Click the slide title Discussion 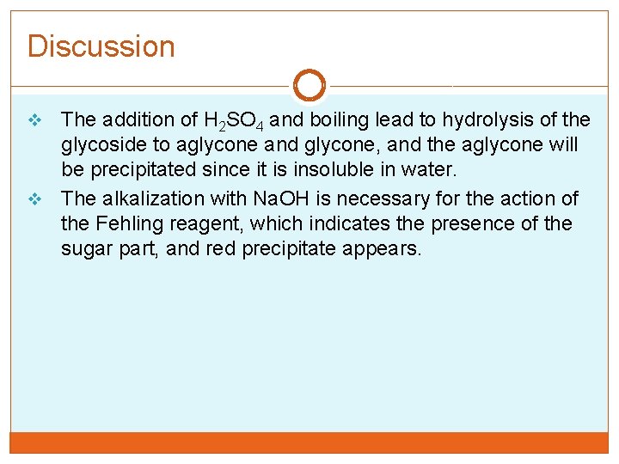point(101,46)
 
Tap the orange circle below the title point(309,86)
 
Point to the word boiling point(339,119)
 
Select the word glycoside point(106,144)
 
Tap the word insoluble point(332,170)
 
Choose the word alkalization point(175,198)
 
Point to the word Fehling point(128,224)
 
